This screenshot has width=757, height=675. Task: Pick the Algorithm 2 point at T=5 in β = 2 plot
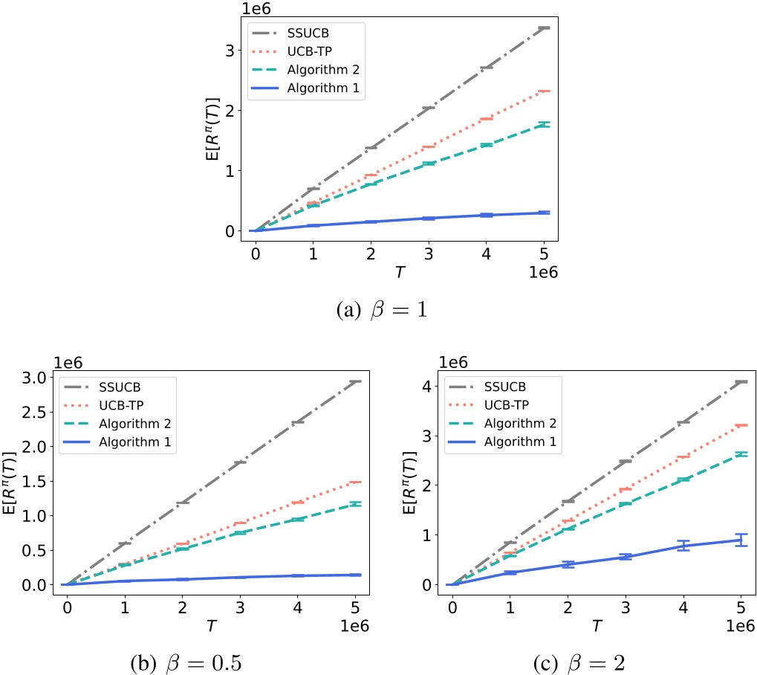click(739, 453)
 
